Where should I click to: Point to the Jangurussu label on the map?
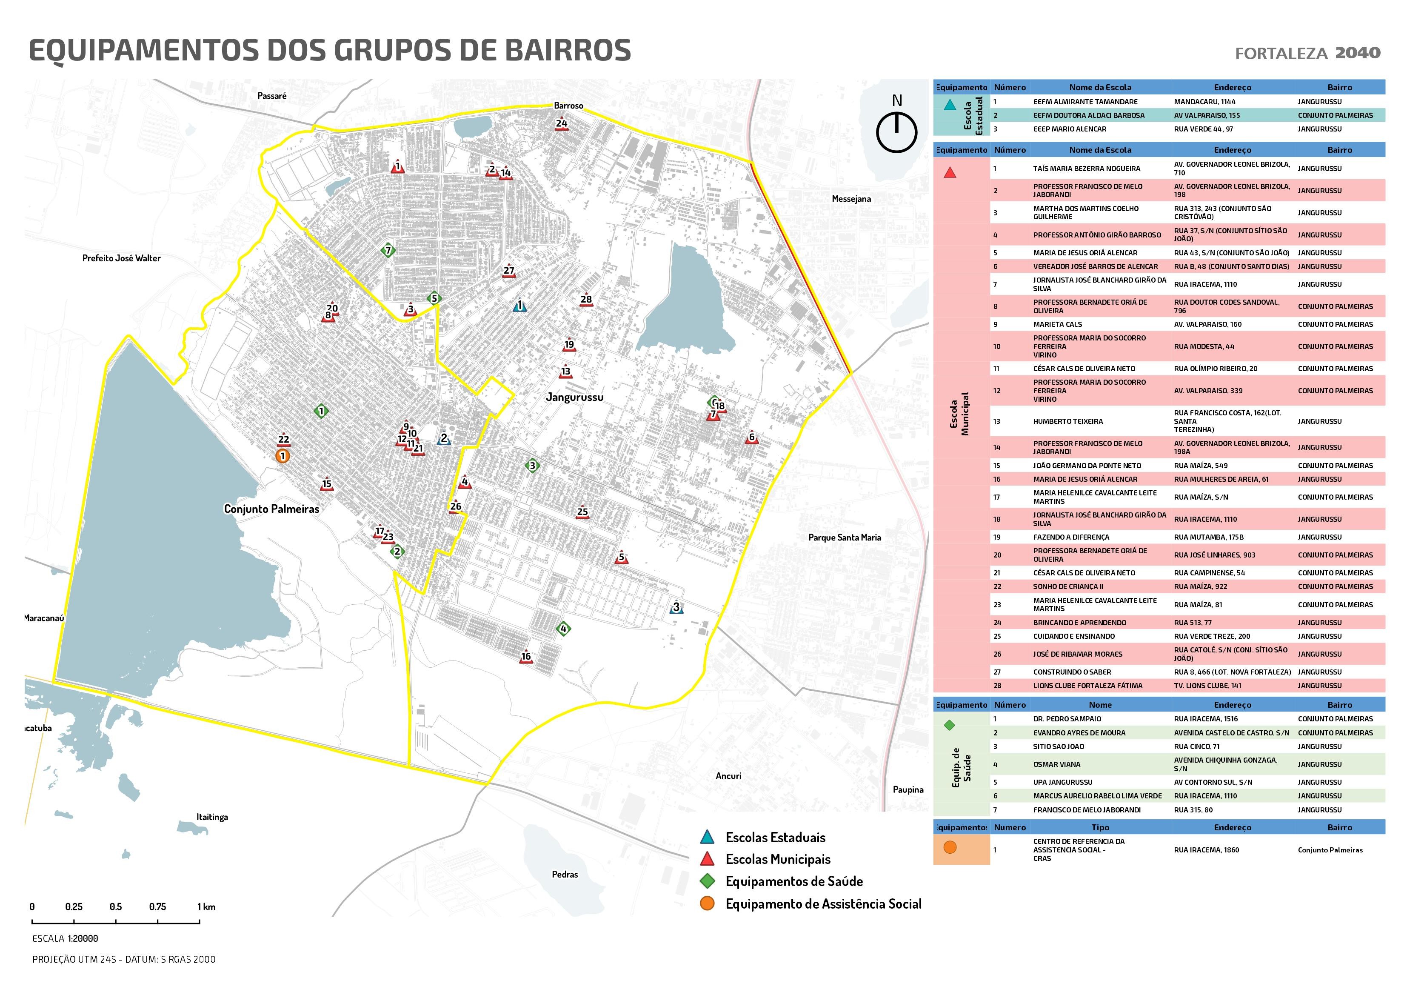[574, 397]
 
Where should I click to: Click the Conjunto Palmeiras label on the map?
[271, 509]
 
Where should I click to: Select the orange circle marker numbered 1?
[283, 456]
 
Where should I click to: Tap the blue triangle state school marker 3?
[676, 608]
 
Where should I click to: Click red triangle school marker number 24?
[561, 124]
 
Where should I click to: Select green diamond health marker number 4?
[564, 629]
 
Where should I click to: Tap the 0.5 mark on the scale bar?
[116, 907]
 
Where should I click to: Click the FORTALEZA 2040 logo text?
[1307, 53]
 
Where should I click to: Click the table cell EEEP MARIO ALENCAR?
[1069, 129]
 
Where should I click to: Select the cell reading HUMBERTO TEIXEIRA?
[1067, 421]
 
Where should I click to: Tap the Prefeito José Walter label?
[121, 258]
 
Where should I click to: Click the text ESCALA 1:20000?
[65, 938]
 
